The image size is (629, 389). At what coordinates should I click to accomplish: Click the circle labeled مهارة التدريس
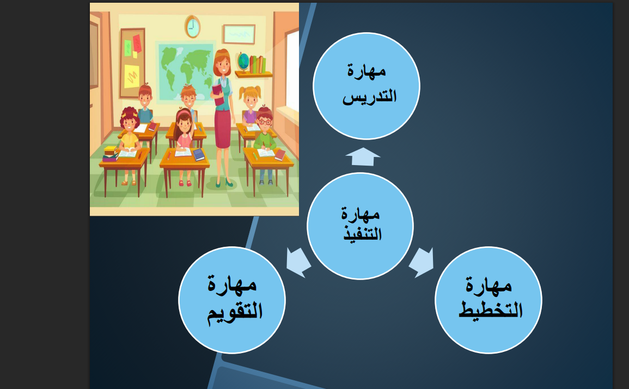pyautogui.click(x=367, y=86)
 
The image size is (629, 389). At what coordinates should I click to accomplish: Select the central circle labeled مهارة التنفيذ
pyautogui.click(x=360, y=226)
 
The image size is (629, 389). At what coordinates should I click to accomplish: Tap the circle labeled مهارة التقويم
pyautogui.click(x=232, y=300)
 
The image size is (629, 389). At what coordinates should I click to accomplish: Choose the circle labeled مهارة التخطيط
pyautogui.click(x=488, y=300)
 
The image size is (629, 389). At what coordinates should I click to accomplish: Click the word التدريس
pyautogui.click(x=369, y=97)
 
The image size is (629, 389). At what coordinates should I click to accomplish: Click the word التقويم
pyautogui.click(x=235, y=313)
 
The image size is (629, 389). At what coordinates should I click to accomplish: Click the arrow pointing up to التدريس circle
pyautogui.click(x=363, y=156)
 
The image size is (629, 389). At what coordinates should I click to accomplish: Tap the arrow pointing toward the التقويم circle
pyautogui.click(x=298, y=262)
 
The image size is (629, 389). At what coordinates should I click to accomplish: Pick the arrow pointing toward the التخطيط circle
pyautogui.click(x=422, y=262)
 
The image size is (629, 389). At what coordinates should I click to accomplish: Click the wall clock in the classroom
pyautogui.click(x=193, y=27)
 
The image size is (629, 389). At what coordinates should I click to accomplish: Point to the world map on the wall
pyautogui.click(x=186, y=71)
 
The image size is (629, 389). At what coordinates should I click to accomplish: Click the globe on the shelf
pyautogui.click(x=243, y=62)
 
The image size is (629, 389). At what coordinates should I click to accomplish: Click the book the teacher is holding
pyautogui.click(x=218, y=95)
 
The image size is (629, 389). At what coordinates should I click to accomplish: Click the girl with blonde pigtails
pyautogui.click(x=250, y=105)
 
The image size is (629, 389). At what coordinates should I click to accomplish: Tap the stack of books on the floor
pyautogui.click(x=111, y=154)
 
